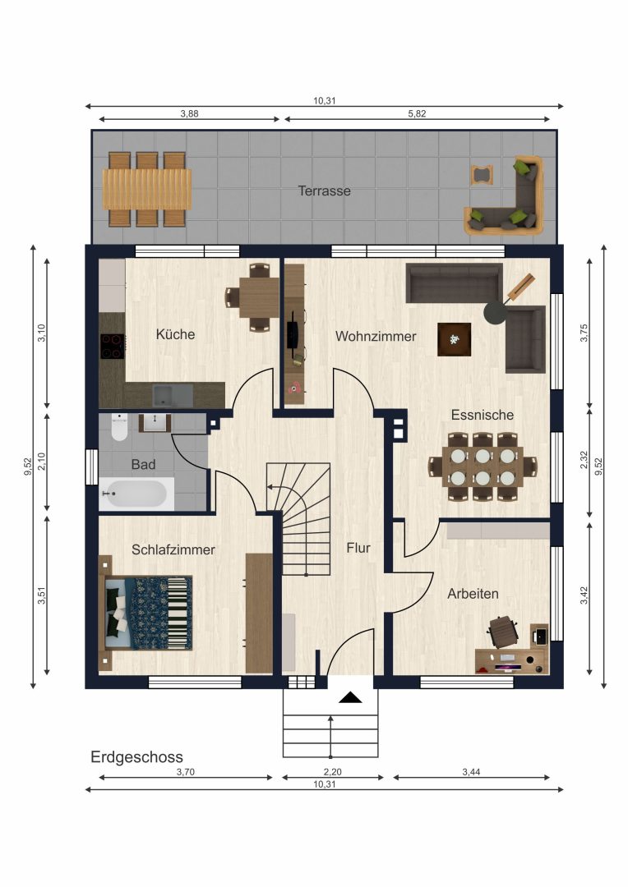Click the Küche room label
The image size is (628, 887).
(176, 334)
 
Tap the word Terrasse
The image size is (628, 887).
(325, 191)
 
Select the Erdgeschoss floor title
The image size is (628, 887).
(136, 757)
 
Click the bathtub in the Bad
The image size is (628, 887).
(136, 494)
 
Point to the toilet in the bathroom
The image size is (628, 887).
(119, 428)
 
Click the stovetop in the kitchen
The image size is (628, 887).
(113, 347)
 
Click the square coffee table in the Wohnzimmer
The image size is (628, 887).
(455, 339)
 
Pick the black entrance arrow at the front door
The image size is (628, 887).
(350, 697)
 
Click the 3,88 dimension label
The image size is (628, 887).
(189, 113)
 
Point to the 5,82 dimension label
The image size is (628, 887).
(417, 113)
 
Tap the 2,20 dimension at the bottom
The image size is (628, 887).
(332, 771)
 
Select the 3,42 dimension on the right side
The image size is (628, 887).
(584, 595)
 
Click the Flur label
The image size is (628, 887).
(358, 548)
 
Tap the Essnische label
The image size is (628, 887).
(483, 415)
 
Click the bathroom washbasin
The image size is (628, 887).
(155, 423)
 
